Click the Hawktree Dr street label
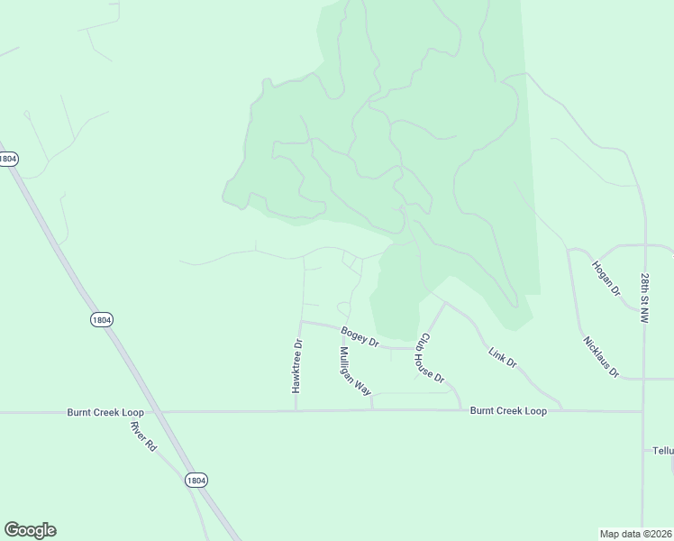[x=296, y=365]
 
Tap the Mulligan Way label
[x=355, y=371]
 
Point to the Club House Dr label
[x=430, y=359]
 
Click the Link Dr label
[x=502, y=357]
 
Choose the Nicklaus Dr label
[x=601, y=357]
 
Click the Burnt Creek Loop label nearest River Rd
[x=105, y=412]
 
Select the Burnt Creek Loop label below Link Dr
[x=508, y=411]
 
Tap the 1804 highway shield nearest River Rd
[x=196, y=481]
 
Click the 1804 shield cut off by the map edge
[x=7, y=159]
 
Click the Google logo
[x=30, y=530]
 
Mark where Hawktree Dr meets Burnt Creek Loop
[x=296, y=411]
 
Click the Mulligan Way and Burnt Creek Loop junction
[x=372, y=411]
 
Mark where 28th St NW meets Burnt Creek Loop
[x=642, y=411]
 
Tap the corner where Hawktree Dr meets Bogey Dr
[x=301, y=321]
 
